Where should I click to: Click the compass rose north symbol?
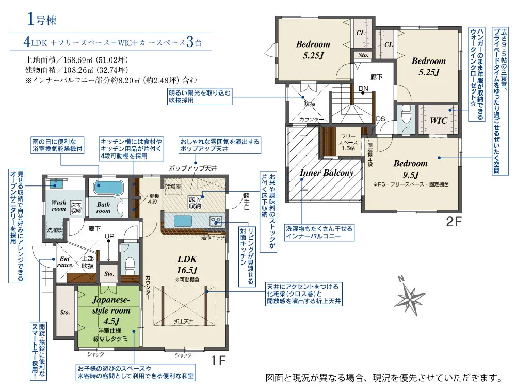(x=410, y=297)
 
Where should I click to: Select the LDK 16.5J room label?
(x=187, y=265)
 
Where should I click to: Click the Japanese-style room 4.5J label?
(x=111, y=310)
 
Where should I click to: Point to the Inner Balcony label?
(x=327, y=173)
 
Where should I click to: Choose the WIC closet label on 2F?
(x=438, y=121)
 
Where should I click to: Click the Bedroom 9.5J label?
(x=410, y=169)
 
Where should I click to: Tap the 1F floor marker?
(x=218, y=361)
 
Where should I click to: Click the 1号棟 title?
(x=42, y=20)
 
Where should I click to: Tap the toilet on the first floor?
(x=131, y=264)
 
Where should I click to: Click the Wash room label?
(x=59, y=205)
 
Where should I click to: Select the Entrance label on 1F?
(x=64, y=262)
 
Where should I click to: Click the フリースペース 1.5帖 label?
(x=348, y=142)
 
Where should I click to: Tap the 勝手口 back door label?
(x=247, y=202)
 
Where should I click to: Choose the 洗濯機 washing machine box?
(x=54, y=230)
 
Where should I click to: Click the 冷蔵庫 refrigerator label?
(x=173, y=186)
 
